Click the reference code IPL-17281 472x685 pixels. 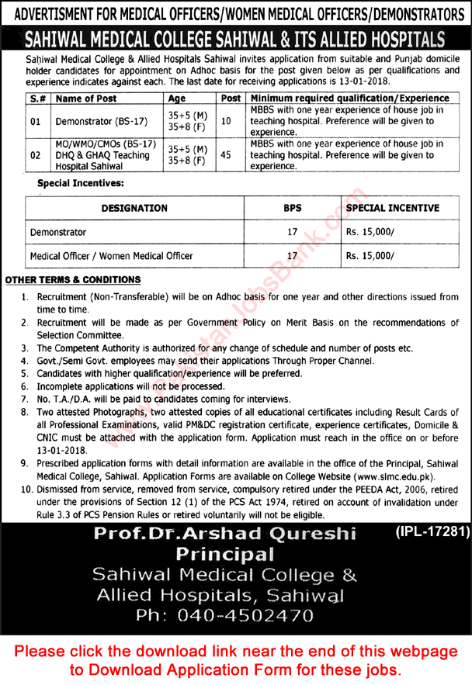(x=427, y=532)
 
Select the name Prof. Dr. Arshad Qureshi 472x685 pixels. (x=224, y=535)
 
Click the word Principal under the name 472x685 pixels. (x=224, y=555)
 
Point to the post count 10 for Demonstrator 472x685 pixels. (x=226, y=122)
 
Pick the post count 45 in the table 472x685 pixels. (x=226, y=155)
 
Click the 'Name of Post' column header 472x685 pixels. (x=85, y=99)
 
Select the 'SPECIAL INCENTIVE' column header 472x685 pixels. (x=392, y=208)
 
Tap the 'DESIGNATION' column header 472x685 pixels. (x=134, y=208)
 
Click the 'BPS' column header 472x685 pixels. (x=292, y=208)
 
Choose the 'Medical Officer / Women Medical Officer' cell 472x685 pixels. (x=111, y=255)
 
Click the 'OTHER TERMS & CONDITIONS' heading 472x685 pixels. (x=73, y=279)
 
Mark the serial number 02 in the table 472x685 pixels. (x=35, y=155)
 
